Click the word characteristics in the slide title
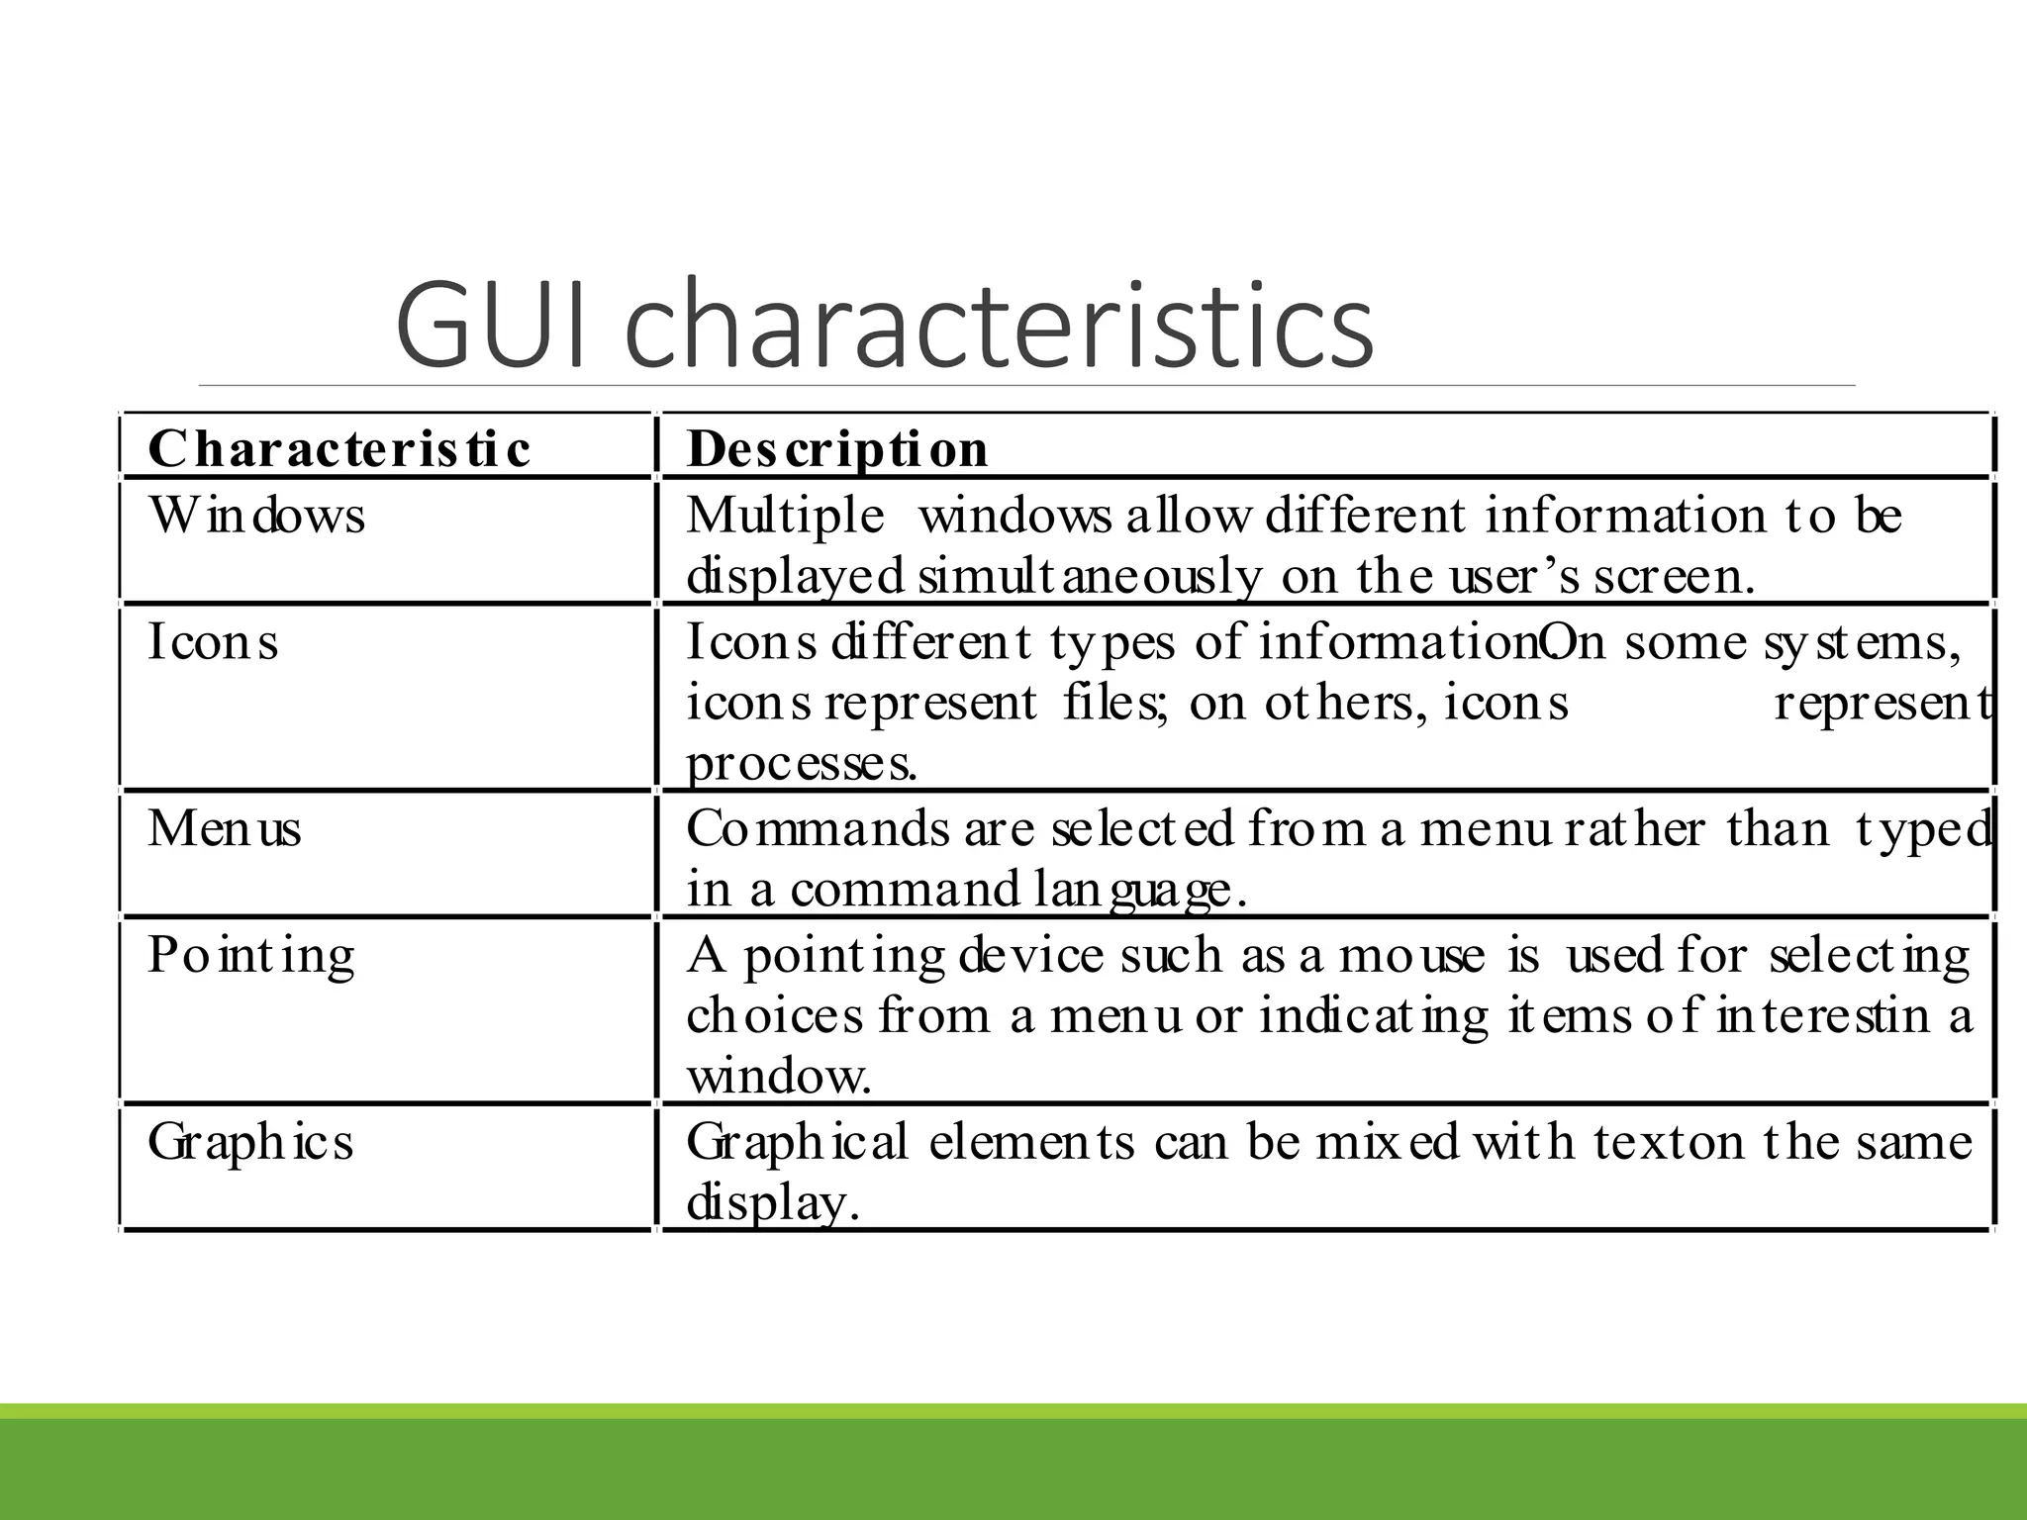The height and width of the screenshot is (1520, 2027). pos(1000,324)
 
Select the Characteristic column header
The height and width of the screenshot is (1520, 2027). pos(338,448)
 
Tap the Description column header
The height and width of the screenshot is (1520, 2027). pos(837,448)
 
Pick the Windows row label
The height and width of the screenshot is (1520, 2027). pos(256,516)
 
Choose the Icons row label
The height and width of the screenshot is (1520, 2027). pos(213,641)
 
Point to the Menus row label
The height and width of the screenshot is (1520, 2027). pos(225,828)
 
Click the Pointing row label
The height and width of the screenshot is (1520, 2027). pos(250,957)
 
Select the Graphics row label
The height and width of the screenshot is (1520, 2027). pos(250,1143)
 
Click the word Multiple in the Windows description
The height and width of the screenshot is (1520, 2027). pos(785,517)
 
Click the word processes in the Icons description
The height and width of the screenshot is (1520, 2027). pos(801,764)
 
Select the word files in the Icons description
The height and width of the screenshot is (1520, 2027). pos(1115,704)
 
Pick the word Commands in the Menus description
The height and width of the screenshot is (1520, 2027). pos(818,829)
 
